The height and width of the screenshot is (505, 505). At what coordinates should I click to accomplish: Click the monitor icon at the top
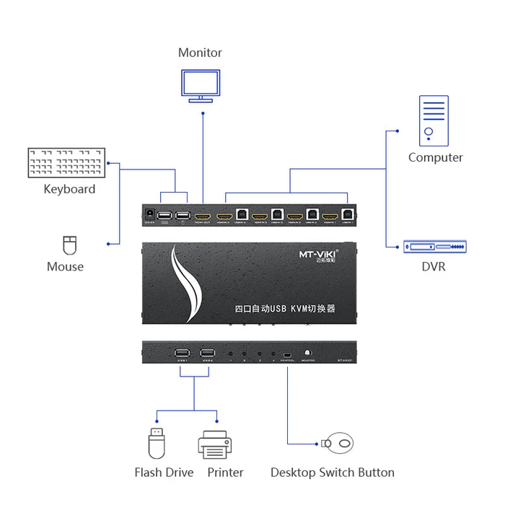tap(202, 86)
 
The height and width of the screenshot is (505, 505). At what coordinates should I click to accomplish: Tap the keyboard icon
tap(66, 163)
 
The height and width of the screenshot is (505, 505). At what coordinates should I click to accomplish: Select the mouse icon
tap(69, 245)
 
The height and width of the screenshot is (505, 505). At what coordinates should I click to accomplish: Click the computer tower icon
tap(433, 120)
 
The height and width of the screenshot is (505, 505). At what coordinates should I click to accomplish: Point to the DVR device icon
tap(434, 247)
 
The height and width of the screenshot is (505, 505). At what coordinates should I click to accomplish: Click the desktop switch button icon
tap(338, 443)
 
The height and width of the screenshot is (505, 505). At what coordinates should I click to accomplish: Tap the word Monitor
tap(200, 53)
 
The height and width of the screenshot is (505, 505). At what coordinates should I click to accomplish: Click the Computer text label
tap(435, 157)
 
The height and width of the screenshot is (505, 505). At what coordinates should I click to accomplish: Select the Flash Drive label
tap(164, 473)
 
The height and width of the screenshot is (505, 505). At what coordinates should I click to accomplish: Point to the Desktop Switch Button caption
tap(332, 473)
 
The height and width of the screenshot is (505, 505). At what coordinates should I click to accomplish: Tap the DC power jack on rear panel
tap(151, 214)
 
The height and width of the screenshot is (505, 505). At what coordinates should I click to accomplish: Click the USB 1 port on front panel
tap(182, 353)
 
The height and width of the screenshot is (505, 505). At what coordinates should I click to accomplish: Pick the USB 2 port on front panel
tap(208, 353)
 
